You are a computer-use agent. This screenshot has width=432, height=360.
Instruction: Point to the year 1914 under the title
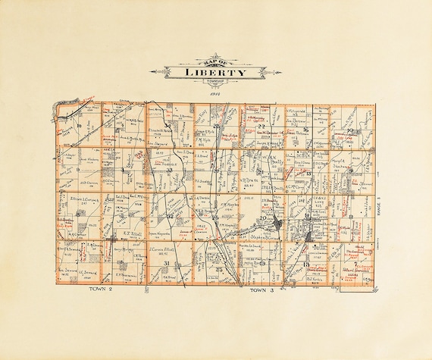[x=215, y=90]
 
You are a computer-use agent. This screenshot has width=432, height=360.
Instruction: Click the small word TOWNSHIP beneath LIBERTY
[x=216, y=81]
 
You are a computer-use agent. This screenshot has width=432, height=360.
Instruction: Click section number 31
[x=166, y=263]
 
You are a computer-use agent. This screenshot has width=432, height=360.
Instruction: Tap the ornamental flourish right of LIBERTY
[x=266, y=73]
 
